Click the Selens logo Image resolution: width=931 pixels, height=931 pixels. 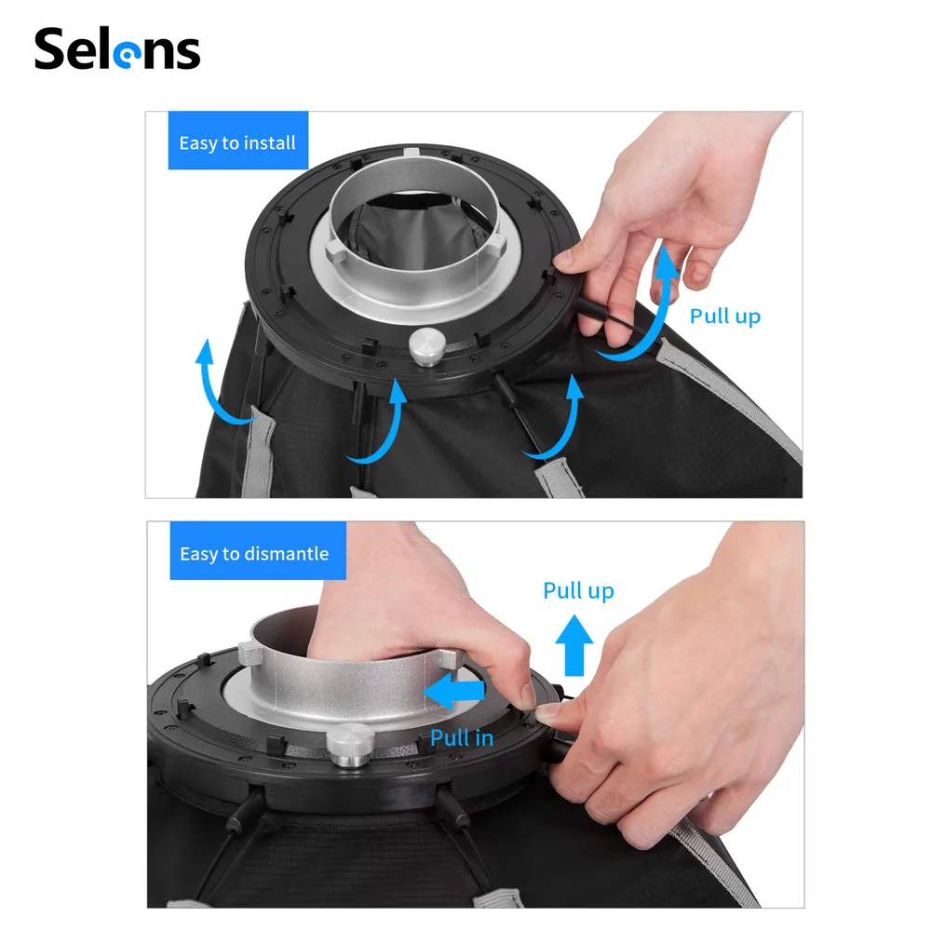click(x=117, y=49)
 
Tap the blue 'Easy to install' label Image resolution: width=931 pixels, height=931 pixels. click(x=238, y=141)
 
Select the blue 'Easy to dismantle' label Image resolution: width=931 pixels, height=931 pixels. click(x=258, y=551)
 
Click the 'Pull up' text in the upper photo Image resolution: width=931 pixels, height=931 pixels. click(x=725, y=317)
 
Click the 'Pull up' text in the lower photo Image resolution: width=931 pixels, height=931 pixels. click(x=578, y=591)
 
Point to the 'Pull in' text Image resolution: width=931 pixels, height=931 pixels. click(x=462, y=737)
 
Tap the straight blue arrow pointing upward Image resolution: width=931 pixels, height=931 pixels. click(x=573, y=645)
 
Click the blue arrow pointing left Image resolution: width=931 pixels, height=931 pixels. click(x=454, y=692)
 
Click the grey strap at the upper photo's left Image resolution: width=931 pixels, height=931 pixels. click(x=258, y=452)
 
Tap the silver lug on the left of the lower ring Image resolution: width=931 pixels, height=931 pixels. click(x=250, y=654)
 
